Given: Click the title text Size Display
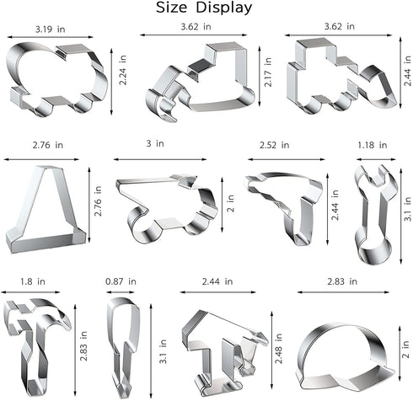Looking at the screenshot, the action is click(x=204, y=8).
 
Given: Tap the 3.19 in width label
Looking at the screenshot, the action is click(x=50, y=29).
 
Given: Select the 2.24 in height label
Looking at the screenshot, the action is click(x=123, y=70).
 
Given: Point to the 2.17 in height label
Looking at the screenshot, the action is click(x=268, y=72).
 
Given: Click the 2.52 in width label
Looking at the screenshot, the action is click(x=274, y=145).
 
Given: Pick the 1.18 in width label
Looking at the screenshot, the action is click(x=373, y=145).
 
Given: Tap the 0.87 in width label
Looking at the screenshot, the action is click(x=121, y=281).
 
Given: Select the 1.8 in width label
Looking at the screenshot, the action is click(x=33, y=281).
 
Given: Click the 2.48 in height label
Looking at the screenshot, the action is click(x=278, y=348).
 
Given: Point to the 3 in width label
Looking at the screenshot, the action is click(x=155, y=143).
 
